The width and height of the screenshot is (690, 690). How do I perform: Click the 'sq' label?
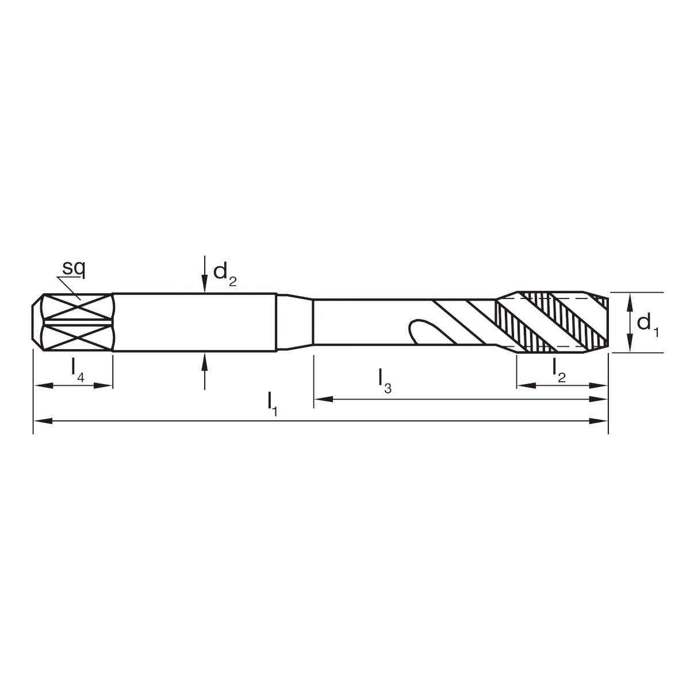click(74, 268)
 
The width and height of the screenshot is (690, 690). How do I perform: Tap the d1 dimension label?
click(648, 323)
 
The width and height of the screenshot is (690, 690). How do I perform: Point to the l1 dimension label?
click(273, 404)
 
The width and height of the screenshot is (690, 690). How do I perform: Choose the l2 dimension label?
click(559, 370)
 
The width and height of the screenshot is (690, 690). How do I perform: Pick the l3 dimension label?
click(385, 381)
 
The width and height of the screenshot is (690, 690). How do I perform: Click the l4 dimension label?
click(78, 370)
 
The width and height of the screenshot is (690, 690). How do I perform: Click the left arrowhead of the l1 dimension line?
click(41, 421)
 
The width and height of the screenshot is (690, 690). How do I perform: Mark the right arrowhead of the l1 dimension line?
click(600, 421)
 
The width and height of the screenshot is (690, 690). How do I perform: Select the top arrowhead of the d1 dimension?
click(630, 300)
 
